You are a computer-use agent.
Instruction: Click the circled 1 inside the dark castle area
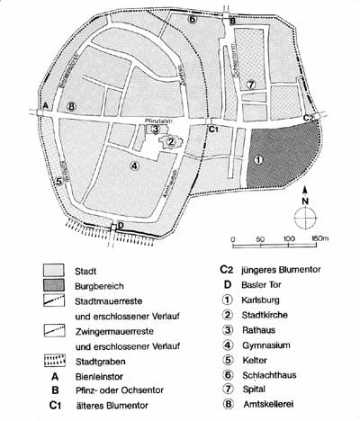[259, 160]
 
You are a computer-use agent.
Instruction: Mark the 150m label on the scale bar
[319, 239]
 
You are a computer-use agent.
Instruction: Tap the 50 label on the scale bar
[261, 239]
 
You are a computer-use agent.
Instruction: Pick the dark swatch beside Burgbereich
[57, 286]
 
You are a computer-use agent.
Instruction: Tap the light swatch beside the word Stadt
[57, 270]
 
